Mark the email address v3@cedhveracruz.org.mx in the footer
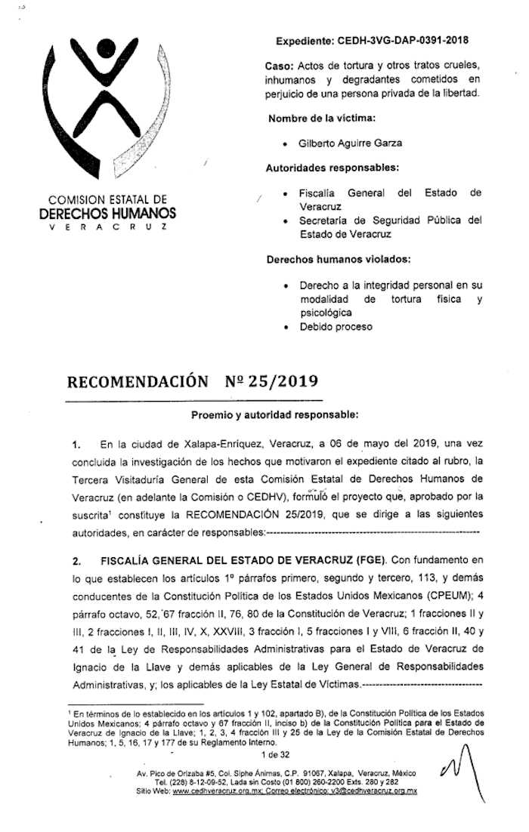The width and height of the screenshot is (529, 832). click(x=370, y=790)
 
